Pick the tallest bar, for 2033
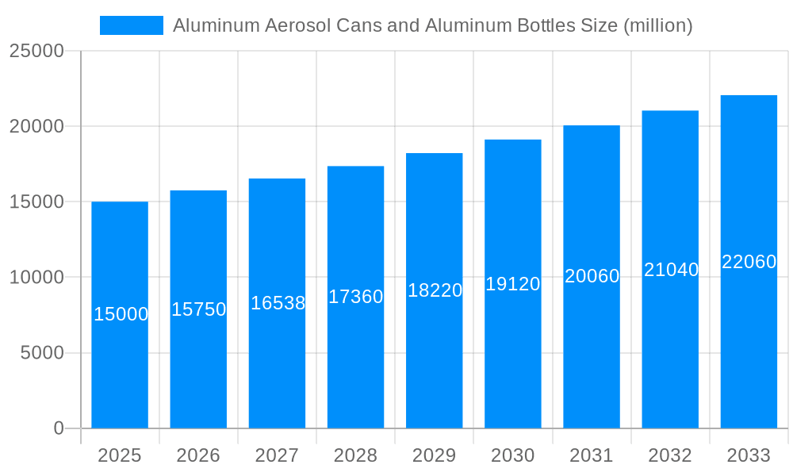click(x=749, y=341)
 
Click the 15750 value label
click(x=199, y=309)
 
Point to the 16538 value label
click(x=278, y=303)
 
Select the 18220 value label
click(x=435, y=290)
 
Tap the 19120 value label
click(x=513, y=284)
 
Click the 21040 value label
click(x=671, y=270)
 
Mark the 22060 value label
click(x=749, y=262)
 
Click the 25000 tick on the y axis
click(x=36, y=51)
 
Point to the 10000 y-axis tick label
click(x=36, y=278)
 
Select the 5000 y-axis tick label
click(x=42, y=353)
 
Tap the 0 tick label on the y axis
click(x=59, y=428)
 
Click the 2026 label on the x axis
click(x=198, y=455)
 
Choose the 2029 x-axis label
click(x=435, y=455)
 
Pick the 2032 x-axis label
click(x=670, y=455)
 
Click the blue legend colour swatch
click(x=132, y=25)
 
